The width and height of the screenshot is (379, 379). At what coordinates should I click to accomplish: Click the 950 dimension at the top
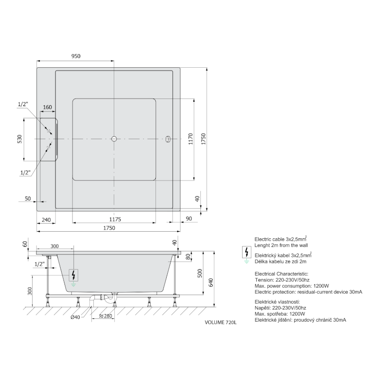76,56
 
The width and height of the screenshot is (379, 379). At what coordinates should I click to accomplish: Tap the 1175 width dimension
115,219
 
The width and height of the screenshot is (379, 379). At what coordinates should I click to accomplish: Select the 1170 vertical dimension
191,139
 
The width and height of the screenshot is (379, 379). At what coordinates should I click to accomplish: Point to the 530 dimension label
19,139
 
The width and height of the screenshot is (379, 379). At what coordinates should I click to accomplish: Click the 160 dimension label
47,107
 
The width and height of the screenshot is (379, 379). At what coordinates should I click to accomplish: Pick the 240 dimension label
46,220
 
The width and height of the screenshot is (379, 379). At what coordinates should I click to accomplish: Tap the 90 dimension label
189,218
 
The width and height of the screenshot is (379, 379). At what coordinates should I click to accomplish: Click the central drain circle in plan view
114,139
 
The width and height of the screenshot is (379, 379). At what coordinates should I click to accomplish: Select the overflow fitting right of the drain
168,139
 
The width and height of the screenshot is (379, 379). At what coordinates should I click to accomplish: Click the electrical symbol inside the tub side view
74,275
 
